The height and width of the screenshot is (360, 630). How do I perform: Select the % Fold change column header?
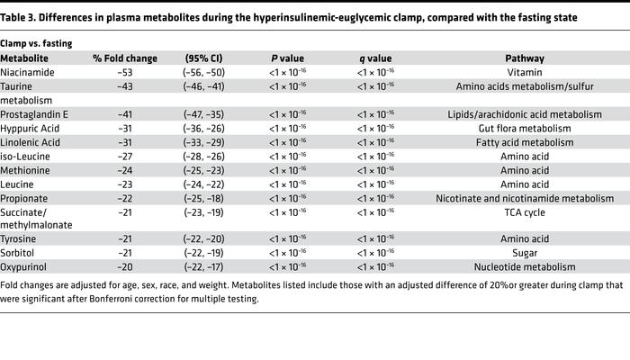pyautogui.click(x=125, y=58)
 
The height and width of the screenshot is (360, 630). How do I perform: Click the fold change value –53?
pyautogui.click(x=125, y=73)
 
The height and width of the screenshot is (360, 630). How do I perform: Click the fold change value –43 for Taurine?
pyautogui.click(x=125, y=87)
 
